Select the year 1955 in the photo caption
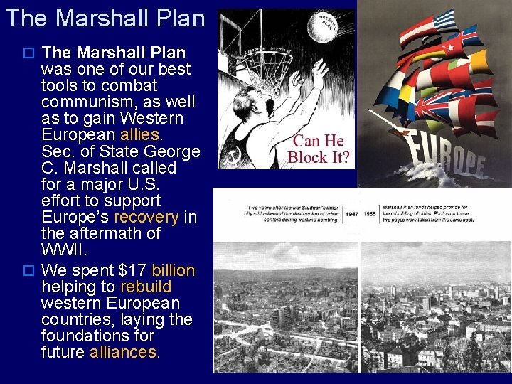[370, 213]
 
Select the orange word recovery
[146, 216]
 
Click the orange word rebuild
[146, 287]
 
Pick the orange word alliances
[124, 352]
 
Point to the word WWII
[63, 250]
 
